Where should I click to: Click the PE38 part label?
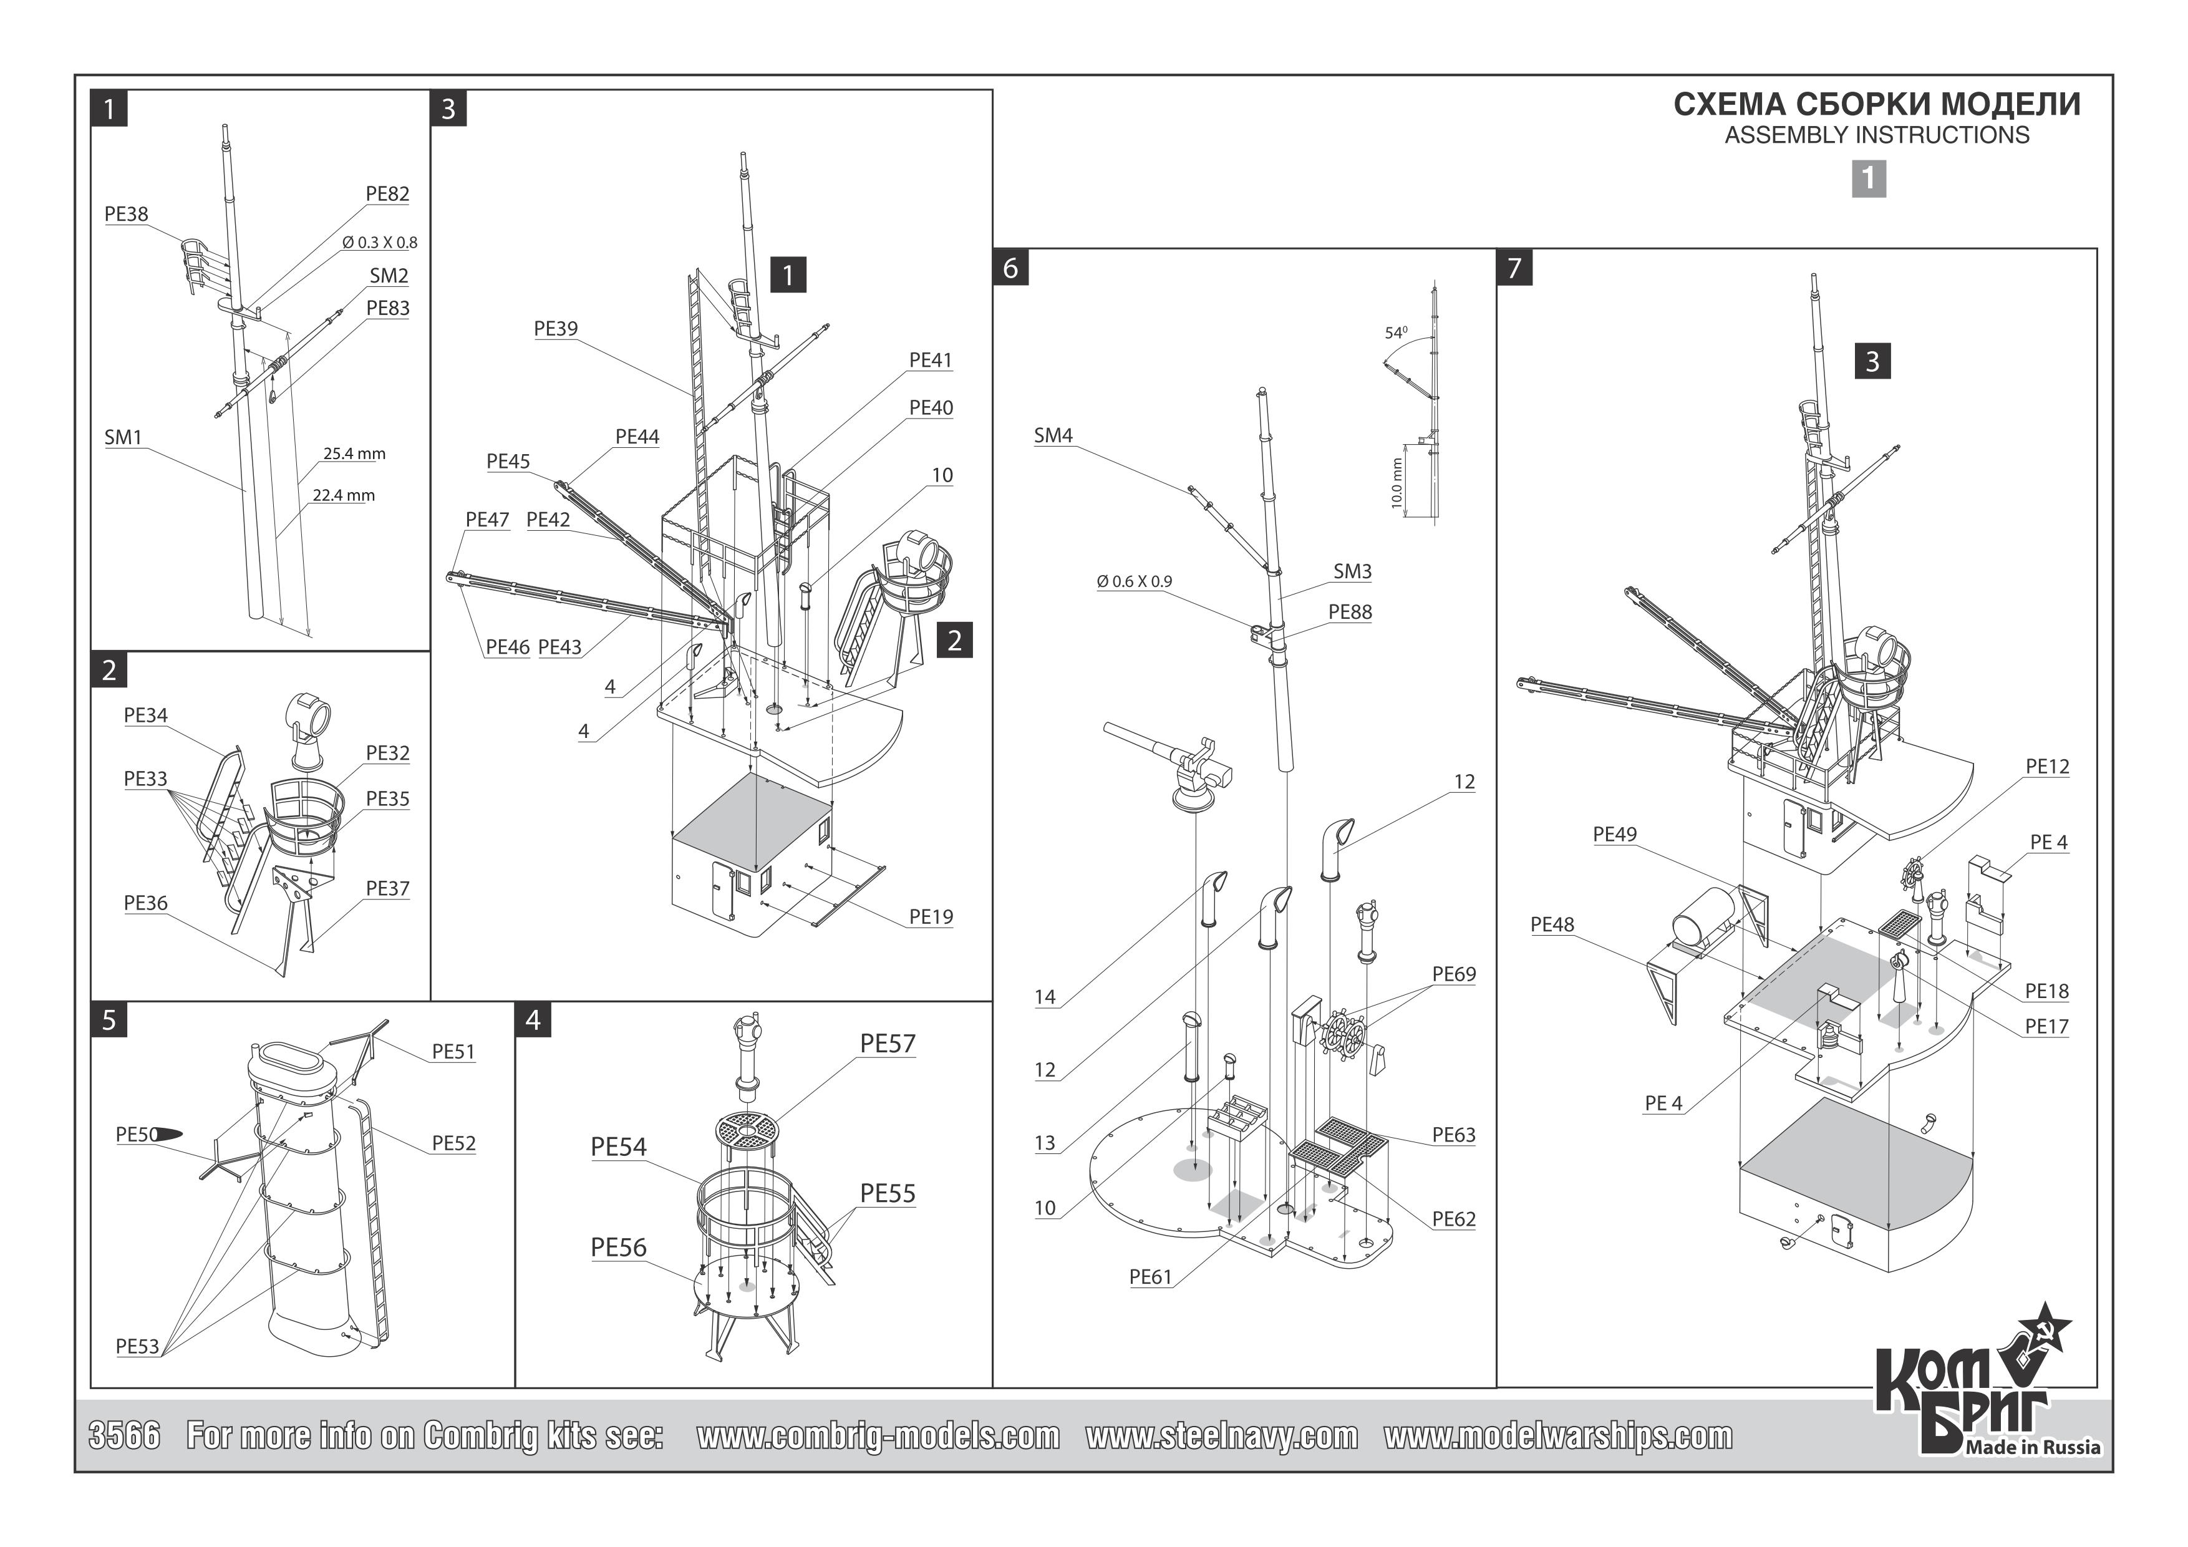click(126, 215)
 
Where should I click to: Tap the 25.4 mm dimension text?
click(354, 453)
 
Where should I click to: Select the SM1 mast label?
click(123, 437)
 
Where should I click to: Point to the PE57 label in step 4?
click(886, 1044)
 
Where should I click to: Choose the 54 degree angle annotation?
click(1395, 332)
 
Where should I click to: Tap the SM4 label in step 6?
click(1053, 435)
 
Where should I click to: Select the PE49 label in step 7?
click(1614, 834)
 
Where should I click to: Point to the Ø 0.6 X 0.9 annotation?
click(1134, 581)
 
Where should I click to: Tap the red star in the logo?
click(2042, 1329)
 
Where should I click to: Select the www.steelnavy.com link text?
click(1222, 1437)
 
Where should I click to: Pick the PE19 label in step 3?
click(930, 917)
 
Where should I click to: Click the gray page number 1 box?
click(1869, 178)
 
